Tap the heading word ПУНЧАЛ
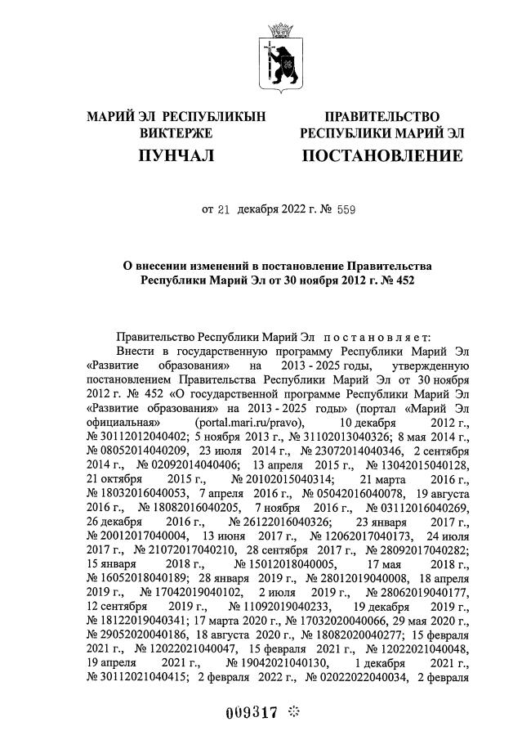pos(176,155)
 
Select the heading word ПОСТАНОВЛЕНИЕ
pos(382,155)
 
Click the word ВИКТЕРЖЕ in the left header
pos(176,132)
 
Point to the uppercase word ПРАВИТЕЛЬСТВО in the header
pos(382,117)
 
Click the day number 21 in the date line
pos(223,209)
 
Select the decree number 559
pos(346,209)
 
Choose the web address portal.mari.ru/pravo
pos(251,421)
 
